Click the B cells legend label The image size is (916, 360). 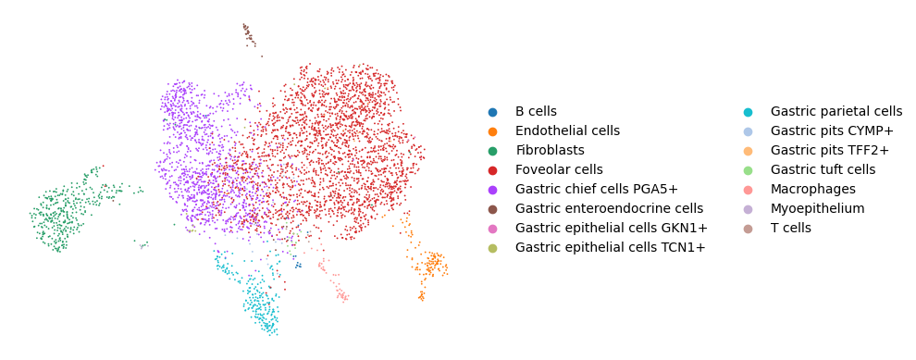point(536,112)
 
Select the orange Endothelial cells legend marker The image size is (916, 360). point(492,131)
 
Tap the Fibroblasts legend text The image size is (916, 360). point(550,150)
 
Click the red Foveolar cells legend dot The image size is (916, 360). point(492,170)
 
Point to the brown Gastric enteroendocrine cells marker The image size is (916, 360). point(492,208)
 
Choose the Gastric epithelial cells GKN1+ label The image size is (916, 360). point(611,228)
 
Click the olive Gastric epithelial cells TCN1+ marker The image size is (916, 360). point(492,247)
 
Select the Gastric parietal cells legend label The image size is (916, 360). point(836,112)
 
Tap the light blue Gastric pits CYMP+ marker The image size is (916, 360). point(749,130)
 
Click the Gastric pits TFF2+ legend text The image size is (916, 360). point(830,150)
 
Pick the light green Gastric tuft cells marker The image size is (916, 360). point(749,169)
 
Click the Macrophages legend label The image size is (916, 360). point(813,190)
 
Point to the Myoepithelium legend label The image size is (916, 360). point(817,208)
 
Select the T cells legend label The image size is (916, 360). point(791,228)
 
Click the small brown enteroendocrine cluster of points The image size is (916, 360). point(250,36)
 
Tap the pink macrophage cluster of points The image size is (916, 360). point(334,281)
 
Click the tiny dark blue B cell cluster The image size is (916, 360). point(298,265)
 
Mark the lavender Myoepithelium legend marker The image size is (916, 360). point(749,208)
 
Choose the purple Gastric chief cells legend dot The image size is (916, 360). point(492,190)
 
